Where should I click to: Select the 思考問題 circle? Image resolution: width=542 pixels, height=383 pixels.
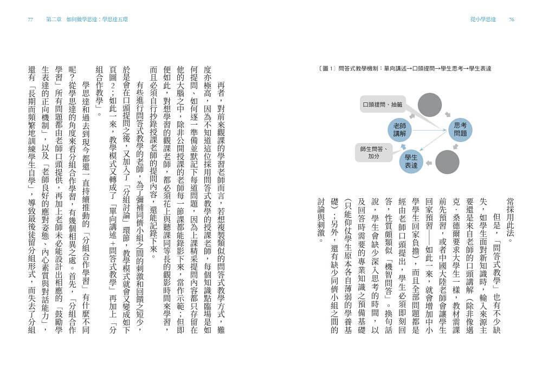point(460,128)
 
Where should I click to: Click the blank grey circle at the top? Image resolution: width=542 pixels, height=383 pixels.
point(430,104)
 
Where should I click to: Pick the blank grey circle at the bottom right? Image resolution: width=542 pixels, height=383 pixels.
point(447,162)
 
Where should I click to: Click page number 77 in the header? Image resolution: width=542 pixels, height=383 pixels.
point(30,20)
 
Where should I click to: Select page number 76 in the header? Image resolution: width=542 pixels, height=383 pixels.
point(511,20)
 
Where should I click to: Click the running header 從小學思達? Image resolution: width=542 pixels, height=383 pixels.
point(483,20)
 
